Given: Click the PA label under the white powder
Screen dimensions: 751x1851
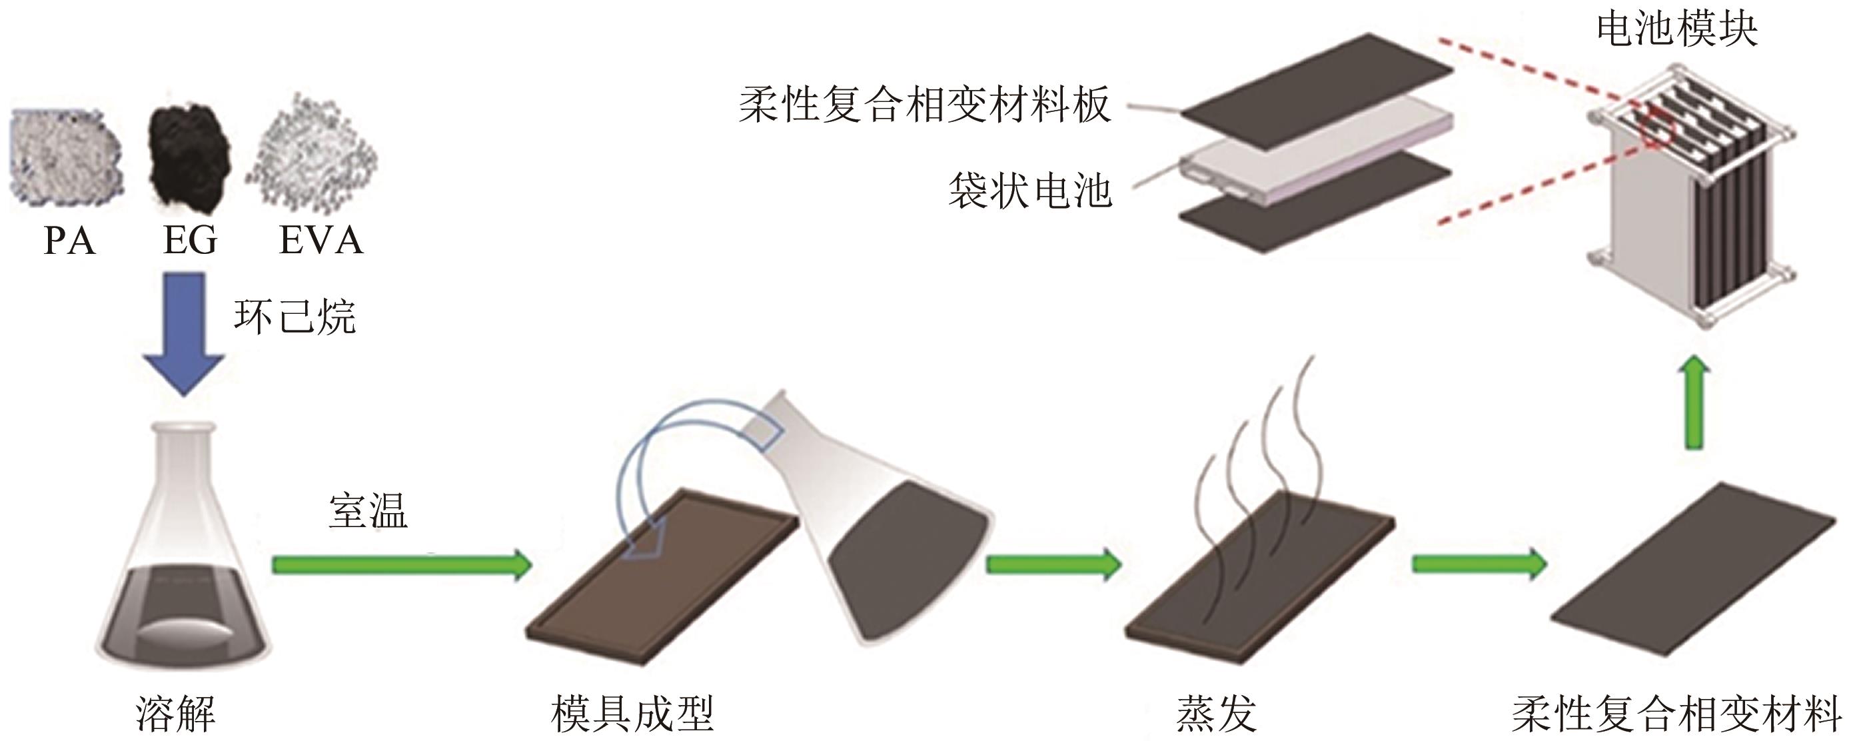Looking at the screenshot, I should tap(69, 240).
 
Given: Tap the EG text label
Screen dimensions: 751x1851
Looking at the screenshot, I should tap(190, 240).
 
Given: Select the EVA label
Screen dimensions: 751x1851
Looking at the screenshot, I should tap(320, 240).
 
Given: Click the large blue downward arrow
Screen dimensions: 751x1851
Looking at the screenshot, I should tap(184, 331).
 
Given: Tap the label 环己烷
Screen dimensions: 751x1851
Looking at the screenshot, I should tap(295, 317).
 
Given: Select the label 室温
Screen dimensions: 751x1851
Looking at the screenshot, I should tap(368, 511).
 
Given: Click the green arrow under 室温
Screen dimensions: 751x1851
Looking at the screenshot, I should tap(401, 565).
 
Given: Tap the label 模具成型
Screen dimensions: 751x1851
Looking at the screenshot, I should tap(632, 714).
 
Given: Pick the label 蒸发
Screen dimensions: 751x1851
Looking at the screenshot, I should tap(1216, 714).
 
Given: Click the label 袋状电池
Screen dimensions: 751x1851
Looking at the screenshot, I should tap(1029, 192).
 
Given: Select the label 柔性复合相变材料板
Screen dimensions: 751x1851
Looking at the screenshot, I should tap(925, 106).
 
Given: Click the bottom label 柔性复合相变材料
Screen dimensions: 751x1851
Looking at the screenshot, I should tap(1677, 714).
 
